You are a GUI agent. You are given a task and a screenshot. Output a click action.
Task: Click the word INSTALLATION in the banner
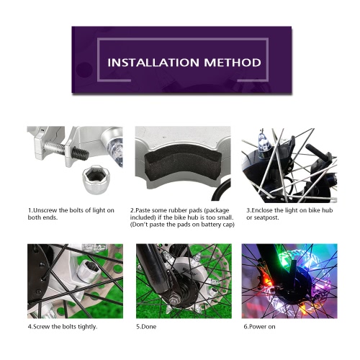[153, 63]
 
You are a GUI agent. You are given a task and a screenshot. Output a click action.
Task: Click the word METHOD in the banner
[233, 63]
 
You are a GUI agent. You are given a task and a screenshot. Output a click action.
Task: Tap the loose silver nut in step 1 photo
[96, 179]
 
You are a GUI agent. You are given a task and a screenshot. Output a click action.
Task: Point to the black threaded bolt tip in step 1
[81, 153]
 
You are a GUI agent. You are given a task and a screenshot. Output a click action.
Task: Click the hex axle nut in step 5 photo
[174, 300]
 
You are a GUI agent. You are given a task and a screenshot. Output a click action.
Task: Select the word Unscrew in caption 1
[45, 210]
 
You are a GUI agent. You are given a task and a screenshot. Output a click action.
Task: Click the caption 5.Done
[146, 327]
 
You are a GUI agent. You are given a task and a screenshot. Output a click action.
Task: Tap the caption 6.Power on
[259, 327]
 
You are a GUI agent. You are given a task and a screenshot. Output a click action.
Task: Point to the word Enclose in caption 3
[262, 210]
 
